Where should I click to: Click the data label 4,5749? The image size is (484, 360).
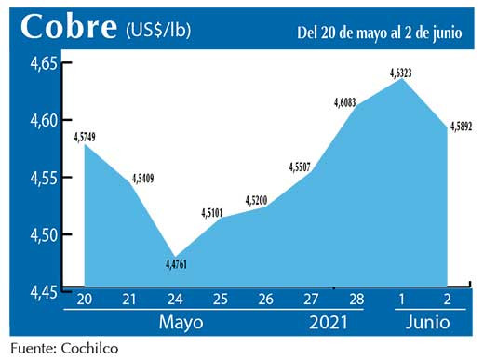click(x=90, y=137)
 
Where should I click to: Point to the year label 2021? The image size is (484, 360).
click(x=328, y=323)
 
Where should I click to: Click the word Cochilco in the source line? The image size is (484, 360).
click(x=88, y=348)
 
